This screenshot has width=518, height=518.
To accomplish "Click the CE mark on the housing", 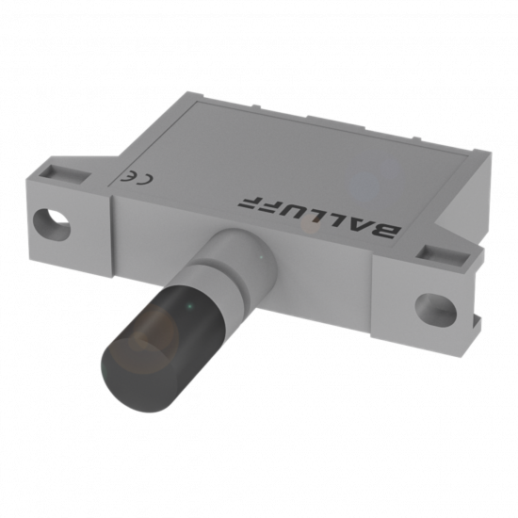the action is pyautogui.click(x=137, y=178).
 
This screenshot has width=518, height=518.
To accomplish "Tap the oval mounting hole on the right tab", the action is pyautogui.click(x=436, y=310).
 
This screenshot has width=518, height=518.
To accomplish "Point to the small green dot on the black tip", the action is pyautogui.click(x=189, y=307).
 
